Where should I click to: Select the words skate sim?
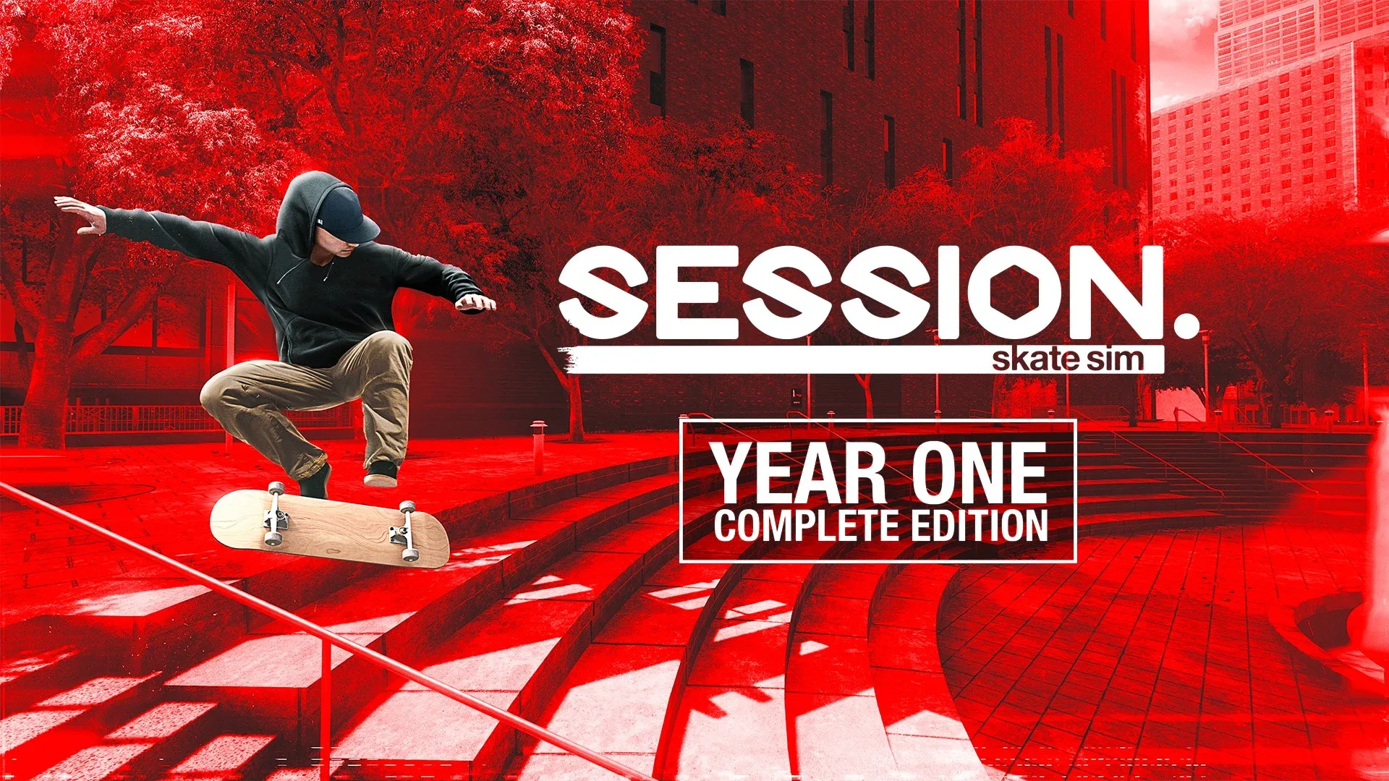coord(1068,359)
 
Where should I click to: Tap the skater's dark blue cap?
coord(346,213)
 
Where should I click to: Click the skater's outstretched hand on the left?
coord(80,214)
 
